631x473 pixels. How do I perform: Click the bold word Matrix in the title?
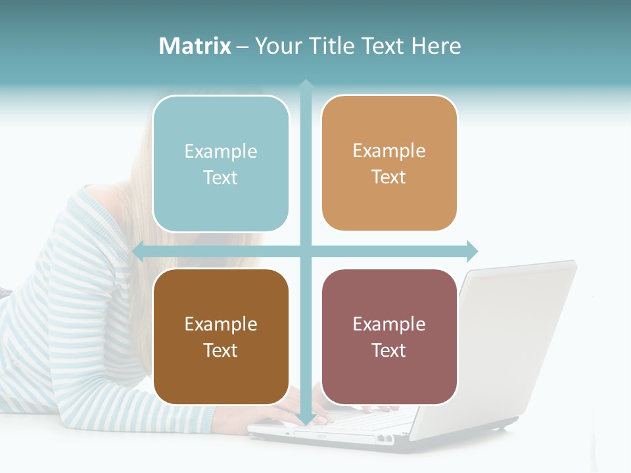point(195,46)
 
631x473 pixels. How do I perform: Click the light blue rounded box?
point(221,164)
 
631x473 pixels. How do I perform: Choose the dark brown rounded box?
point(221,336)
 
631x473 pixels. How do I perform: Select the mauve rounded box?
point(389,336)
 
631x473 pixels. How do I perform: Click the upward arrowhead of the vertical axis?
point(306,86)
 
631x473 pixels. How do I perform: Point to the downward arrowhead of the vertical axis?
point(306,419)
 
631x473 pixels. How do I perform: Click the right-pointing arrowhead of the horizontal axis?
point(471,251)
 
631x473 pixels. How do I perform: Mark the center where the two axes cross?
point(306,251)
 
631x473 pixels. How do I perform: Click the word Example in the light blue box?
point(221,152)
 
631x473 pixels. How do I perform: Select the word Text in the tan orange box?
point(389,177)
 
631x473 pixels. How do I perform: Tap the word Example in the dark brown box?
point(221,325)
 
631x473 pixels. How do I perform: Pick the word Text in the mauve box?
point(389,350)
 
